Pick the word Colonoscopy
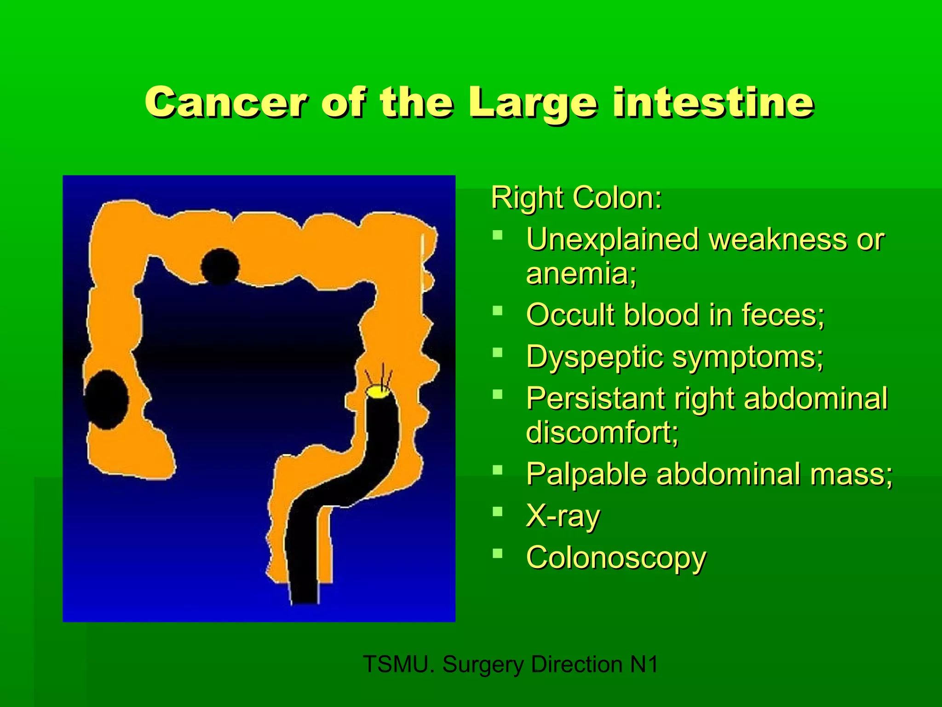click(x=616, y=558)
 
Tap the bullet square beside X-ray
click(x=497, y=511)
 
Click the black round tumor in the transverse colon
click(x=220, y=267)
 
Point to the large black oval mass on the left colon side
click(x=107, y=400)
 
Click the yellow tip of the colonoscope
click(x=378, y=392)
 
